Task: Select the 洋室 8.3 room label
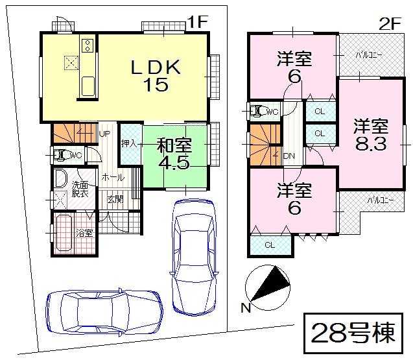coord(371,134)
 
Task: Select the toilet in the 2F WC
coord(259,111)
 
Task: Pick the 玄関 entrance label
coord(115,199)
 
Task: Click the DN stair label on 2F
coord(289,156)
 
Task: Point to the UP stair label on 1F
coord(104,134)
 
